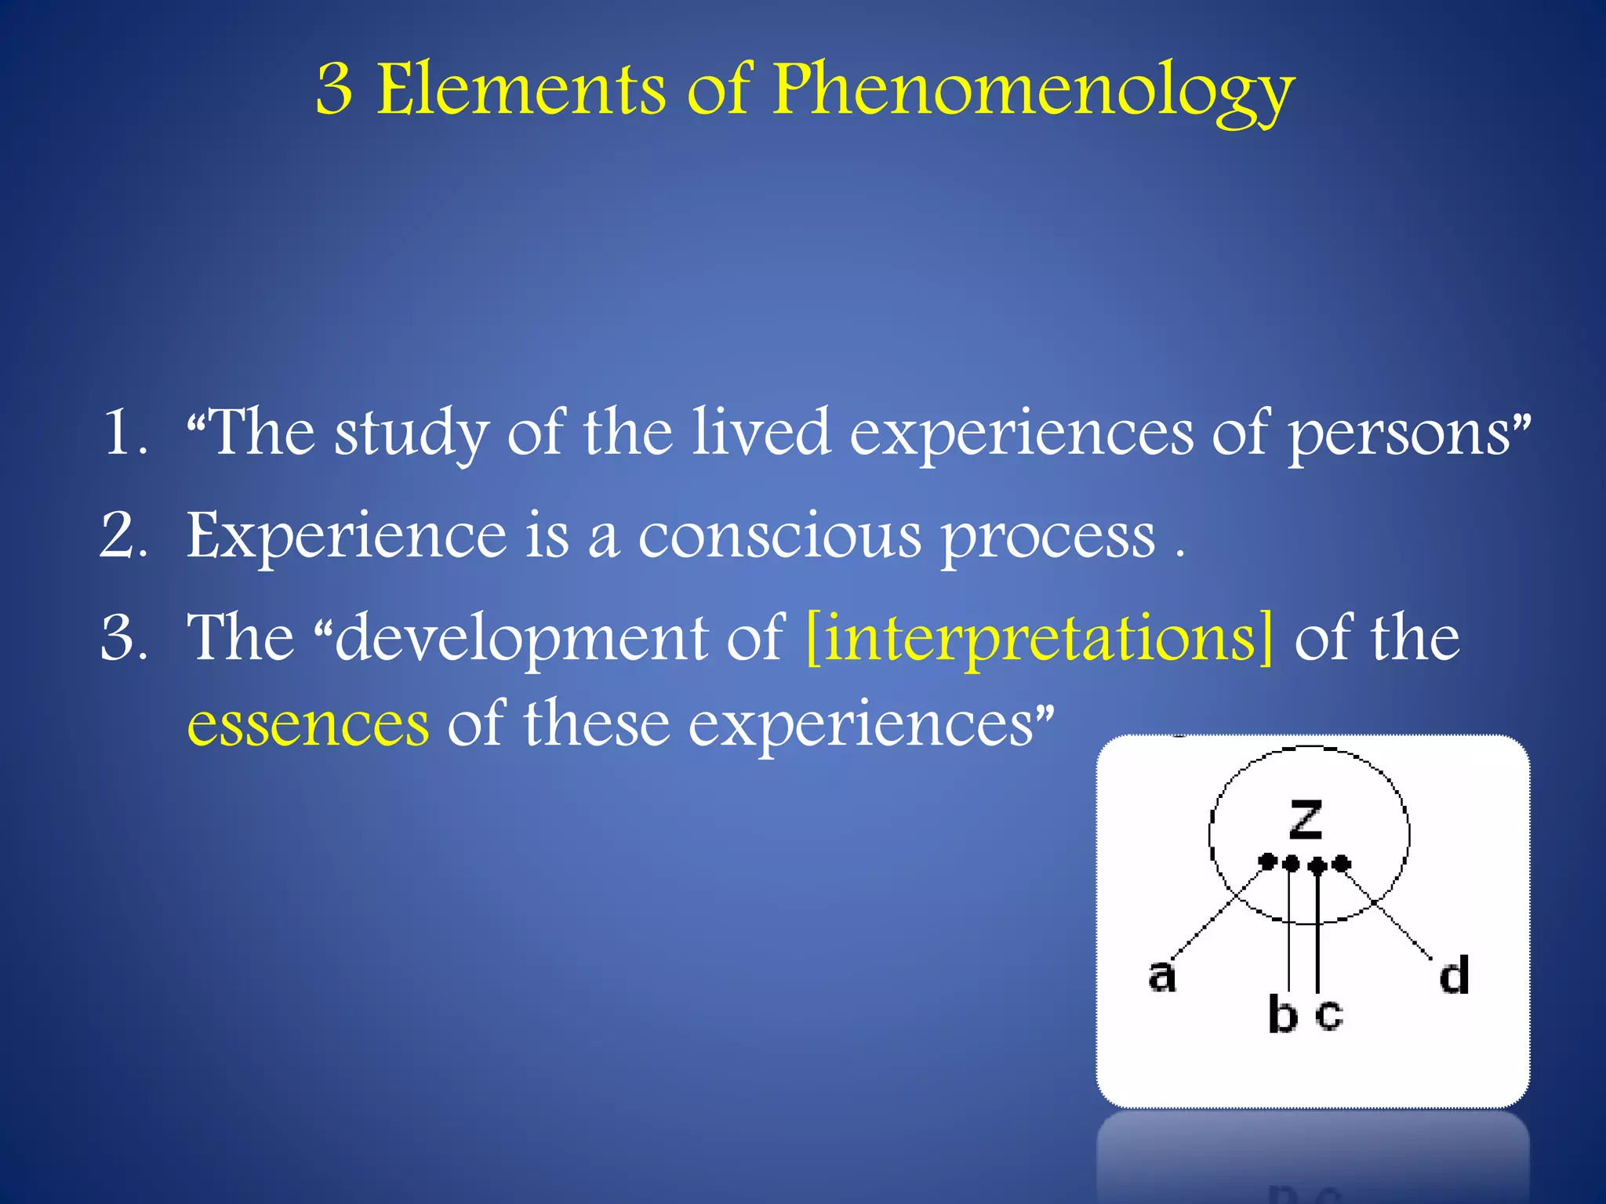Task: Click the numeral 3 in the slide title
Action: click(x=334, y=90)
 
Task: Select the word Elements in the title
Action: click(x=521, y=90)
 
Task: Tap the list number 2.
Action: click(x=123, y=536)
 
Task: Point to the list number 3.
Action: click(x=123, y=638)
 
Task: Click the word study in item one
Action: click(x=412, y=433)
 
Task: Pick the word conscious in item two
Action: click(x=779, y=538)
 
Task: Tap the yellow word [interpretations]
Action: click(x=1039, y=640)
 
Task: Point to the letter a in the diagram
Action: click(x=1161, y=977)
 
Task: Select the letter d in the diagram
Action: click(x=1454, y=975)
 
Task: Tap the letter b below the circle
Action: click(x=1282, y=1014)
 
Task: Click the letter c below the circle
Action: click(x=1329, y=1014)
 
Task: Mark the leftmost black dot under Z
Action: click(x=1266, y=862)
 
